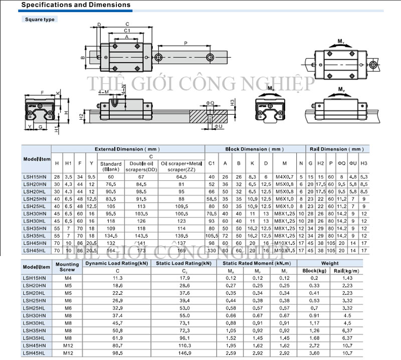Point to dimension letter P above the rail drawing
[186, 44]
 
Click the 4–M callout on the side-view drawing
[103, 92]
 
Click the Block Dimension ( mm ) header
[254, 149]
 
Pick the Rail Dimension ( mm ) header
[336, 149]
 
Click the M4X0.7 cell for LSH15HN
[284, 177]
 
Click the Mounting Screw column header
[67, 266]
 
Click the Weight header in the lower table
[330, 263]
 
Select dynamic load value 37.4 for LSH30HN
[117, 315]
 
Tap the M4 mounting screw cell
[67, 277]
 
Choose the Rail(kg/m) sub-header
[345, 270]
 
